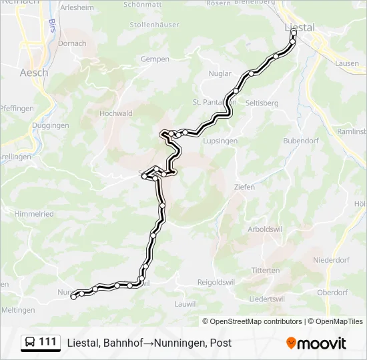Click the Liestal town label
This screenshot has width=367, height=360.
pos(299,27)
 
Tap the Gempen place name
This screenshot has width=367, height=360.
pos(155,59)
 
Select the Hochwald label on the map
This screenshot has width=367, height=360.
pos(115,113)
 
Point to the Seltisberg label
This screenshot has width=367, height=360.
pos(262,103)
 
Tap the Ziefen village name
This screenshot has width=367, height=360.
pos(244,187)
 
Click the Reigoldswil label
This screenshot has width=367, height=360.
pos(216,282)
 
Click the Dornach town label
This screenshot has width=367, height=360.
pos(72,43)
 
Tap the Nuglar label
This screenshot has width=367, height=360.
pos(220,73)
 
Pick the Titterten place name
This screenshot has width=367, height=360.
pos(266,270)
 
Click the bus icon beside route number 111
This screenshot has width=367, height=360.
pos(30,343)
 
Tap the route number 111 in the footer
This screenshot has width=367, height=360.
pos(47,342)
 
